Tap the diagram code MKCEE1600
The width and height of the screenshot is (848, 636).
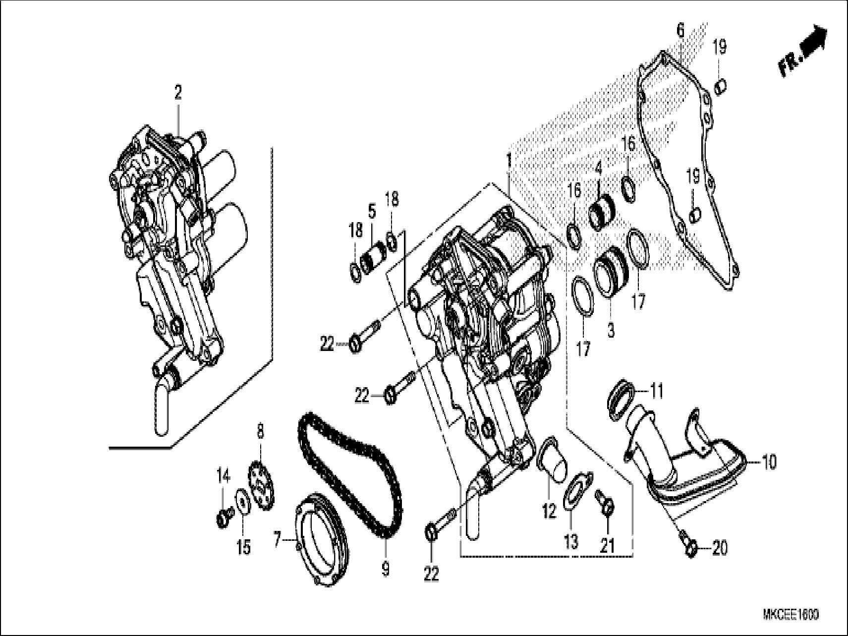click(x=791, y=615)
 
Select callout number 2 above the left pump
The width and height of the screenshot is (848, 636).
click(x=177, y=93)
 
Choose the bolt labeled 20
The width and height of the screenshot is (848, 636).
click(x=688, y=544)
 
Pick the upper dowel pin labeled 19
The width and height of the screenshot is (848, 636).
click(x=720, y=87)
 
